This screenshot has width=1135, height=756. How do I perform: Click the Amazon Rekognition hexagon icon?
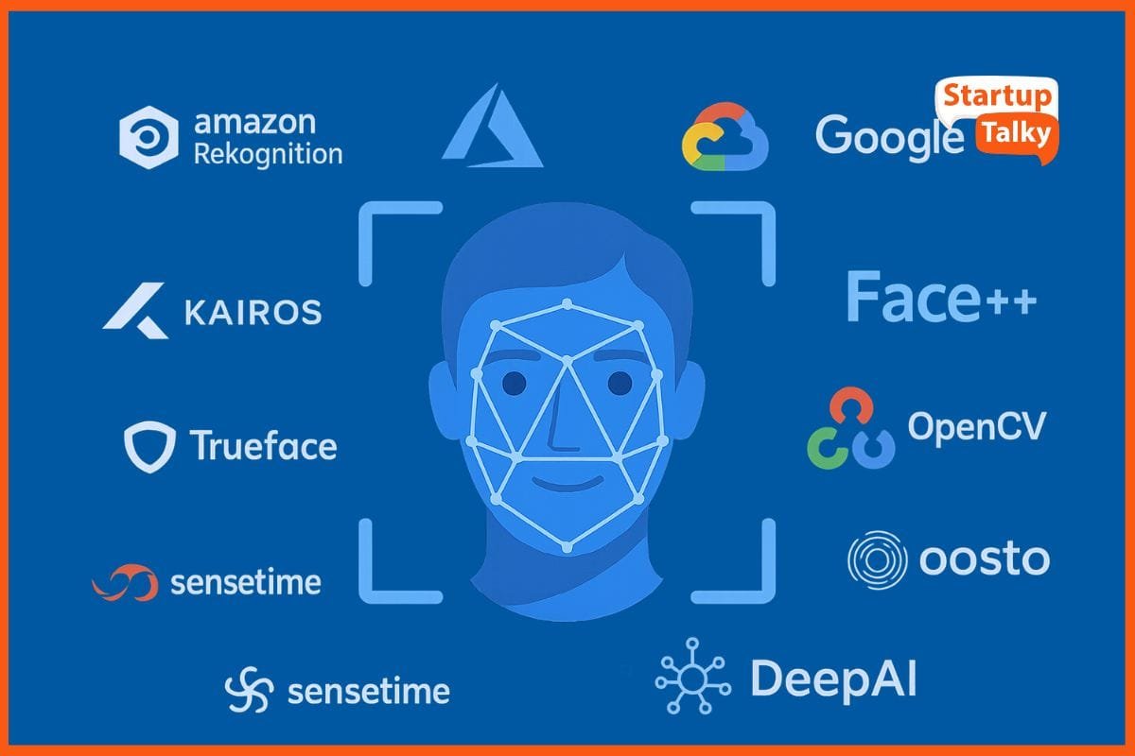(x=148, y=136)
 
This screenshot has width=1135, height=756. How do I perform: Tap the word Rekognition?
(x=268, y=154)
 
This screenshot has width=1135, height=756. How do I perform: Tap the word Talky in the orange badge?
(x=1015, y=133)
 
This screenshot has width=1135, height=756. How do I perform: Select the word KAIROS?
(x=253, y=312)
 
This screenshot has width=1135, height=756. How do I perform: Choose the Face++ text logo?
(x=940, y=298)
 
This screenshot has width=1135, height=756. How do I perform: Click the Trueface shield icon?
(x=149, y=445)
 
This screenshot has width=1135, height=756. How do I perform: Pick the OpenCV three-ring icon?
(x=850, y=430)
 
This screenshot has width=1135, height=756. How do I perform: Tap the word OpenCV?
(x=977, y=426)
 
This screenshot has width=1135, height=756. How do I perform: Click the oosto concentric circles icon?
(x=877, y=559)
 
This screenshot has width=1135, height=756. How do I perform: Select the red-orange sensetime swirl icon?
(x=125, y=582)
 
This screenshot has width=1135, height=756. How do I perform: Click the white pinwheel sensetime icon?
(x=250, y=691)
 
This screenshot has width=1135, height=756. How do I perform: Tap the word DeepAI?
(x=833, y=679)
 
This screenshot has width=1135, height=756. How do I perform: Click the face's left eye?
(x=514, y=383)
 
